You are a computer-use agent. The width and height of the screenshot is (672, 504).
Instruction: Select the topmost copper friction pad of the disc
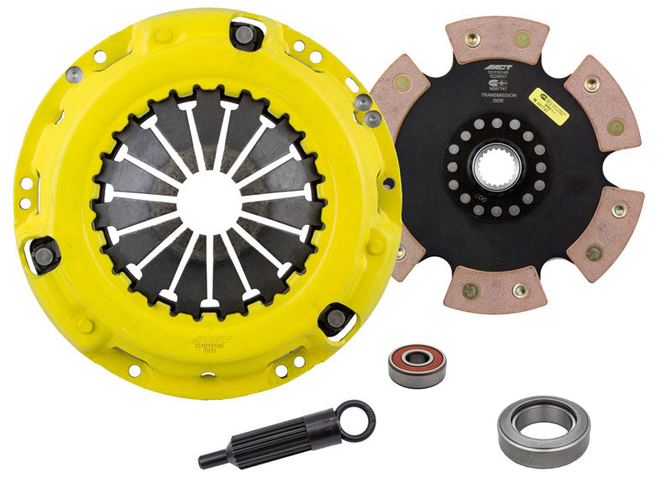(499, 41)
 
